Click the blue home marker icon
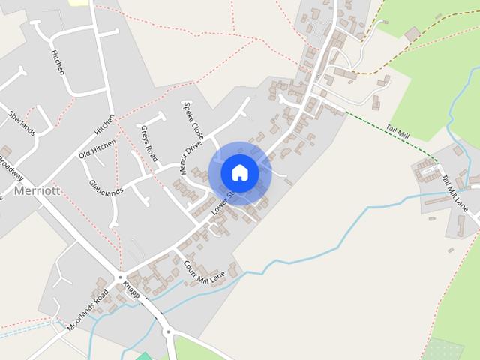pos(239,172)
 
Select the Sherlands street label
pos(22,123)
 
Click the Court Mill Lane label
pos(204,271)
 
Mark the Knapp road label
pos(131,290)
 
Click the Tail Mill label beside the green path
pos(397,132)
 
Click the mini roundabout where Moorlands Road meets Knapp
pos(119,277)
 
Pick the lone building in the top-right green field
pos(411,34)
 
